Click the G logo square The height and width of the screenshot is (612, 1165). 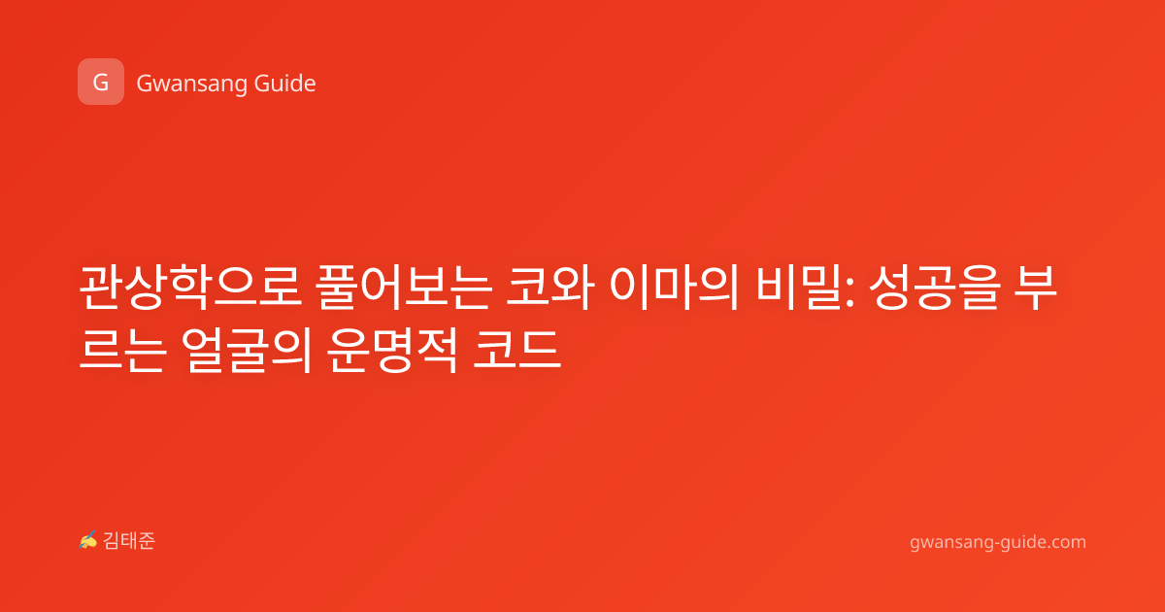pyautogui.click(x=101, y=82)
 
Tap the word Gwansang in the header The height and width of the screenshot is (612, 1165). pyautogui.click(x=190, y=85)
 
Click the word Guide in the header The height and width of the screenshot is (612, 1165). pyautogui.click(x=284, y=84)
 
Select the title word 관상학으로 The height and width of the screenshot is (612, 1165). pyautogui.click(x=190, y=288)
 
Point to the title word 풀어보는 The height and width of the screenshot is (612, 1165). pyautogui.click(x=404, y=288)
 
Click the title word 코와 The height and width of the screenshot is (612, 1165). pyautogui.click(x=549, y=288)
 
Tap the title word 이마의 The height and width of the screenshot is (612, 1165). pyautogui.click(x=674, y=288)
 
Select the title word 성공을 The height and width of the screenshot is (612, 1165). pyautogui.click(x=935, y=288)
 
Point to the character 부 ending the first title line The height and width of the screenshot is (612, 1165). pyautogui.click(x=1036, y=288)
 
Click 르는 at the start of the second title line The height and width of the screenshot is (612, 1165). pyautogui.click(x=122, y=350)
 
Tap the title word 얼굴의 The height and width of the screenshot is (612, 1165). pyautogui.click(x=247, y=350)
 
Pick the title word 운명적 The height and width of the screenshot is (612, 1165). pyautogui.click(x=392, y=350)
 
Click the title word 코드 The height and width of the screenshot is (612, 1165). pyautogui.click(x=516, y=350)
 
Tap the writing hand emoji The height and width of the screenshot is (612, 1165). pyautogui.click(x=87, y=540)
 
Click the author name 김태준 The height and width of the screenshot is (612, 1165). pyautogui.click(x=128, y=541)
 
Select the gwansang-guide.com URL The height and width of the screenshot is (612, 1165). pyautogui.click(x=998, y=542)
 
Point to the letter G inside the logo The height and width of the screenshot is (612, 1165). pyautogui.click(x=100, y=83)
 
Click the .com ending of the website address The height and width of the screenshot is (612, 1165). pyautogui.click(x=1066, y=542)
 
